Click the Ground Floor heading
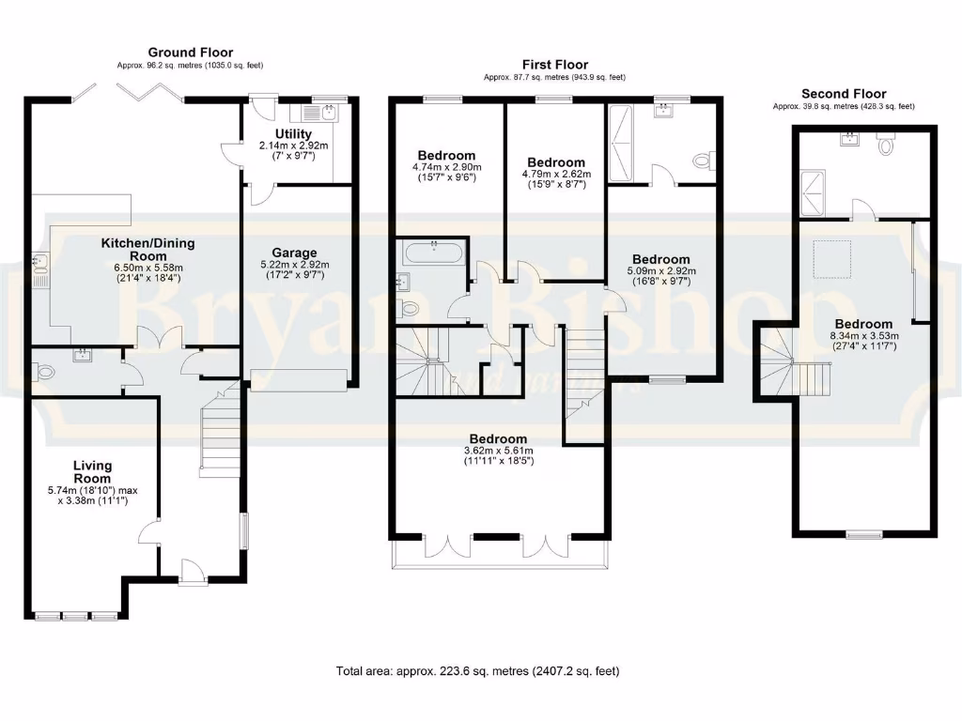point(190,53)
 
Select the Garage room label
point(295,253)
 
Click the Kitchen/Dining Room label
point(148,250)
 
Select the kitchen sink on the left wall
point(39,268)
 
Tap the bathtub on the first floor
point(433,252)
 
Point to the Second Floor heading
point(843,94)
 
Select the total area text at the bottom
point(478,671)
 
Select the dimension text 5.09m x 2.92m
point(660,272)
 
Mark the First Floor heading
point(554,65)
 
